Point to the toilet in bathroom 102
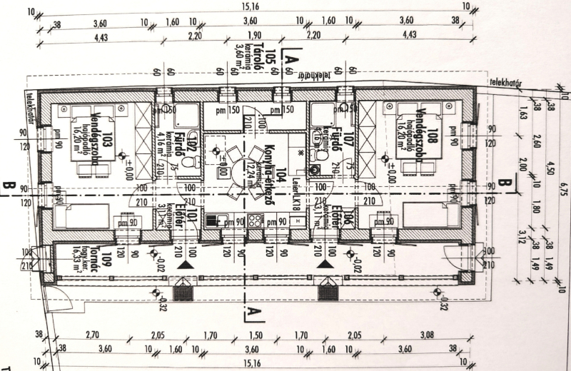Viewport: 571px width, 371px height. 188,163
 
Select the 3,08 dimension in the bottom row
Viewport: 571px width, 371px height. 428,335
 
